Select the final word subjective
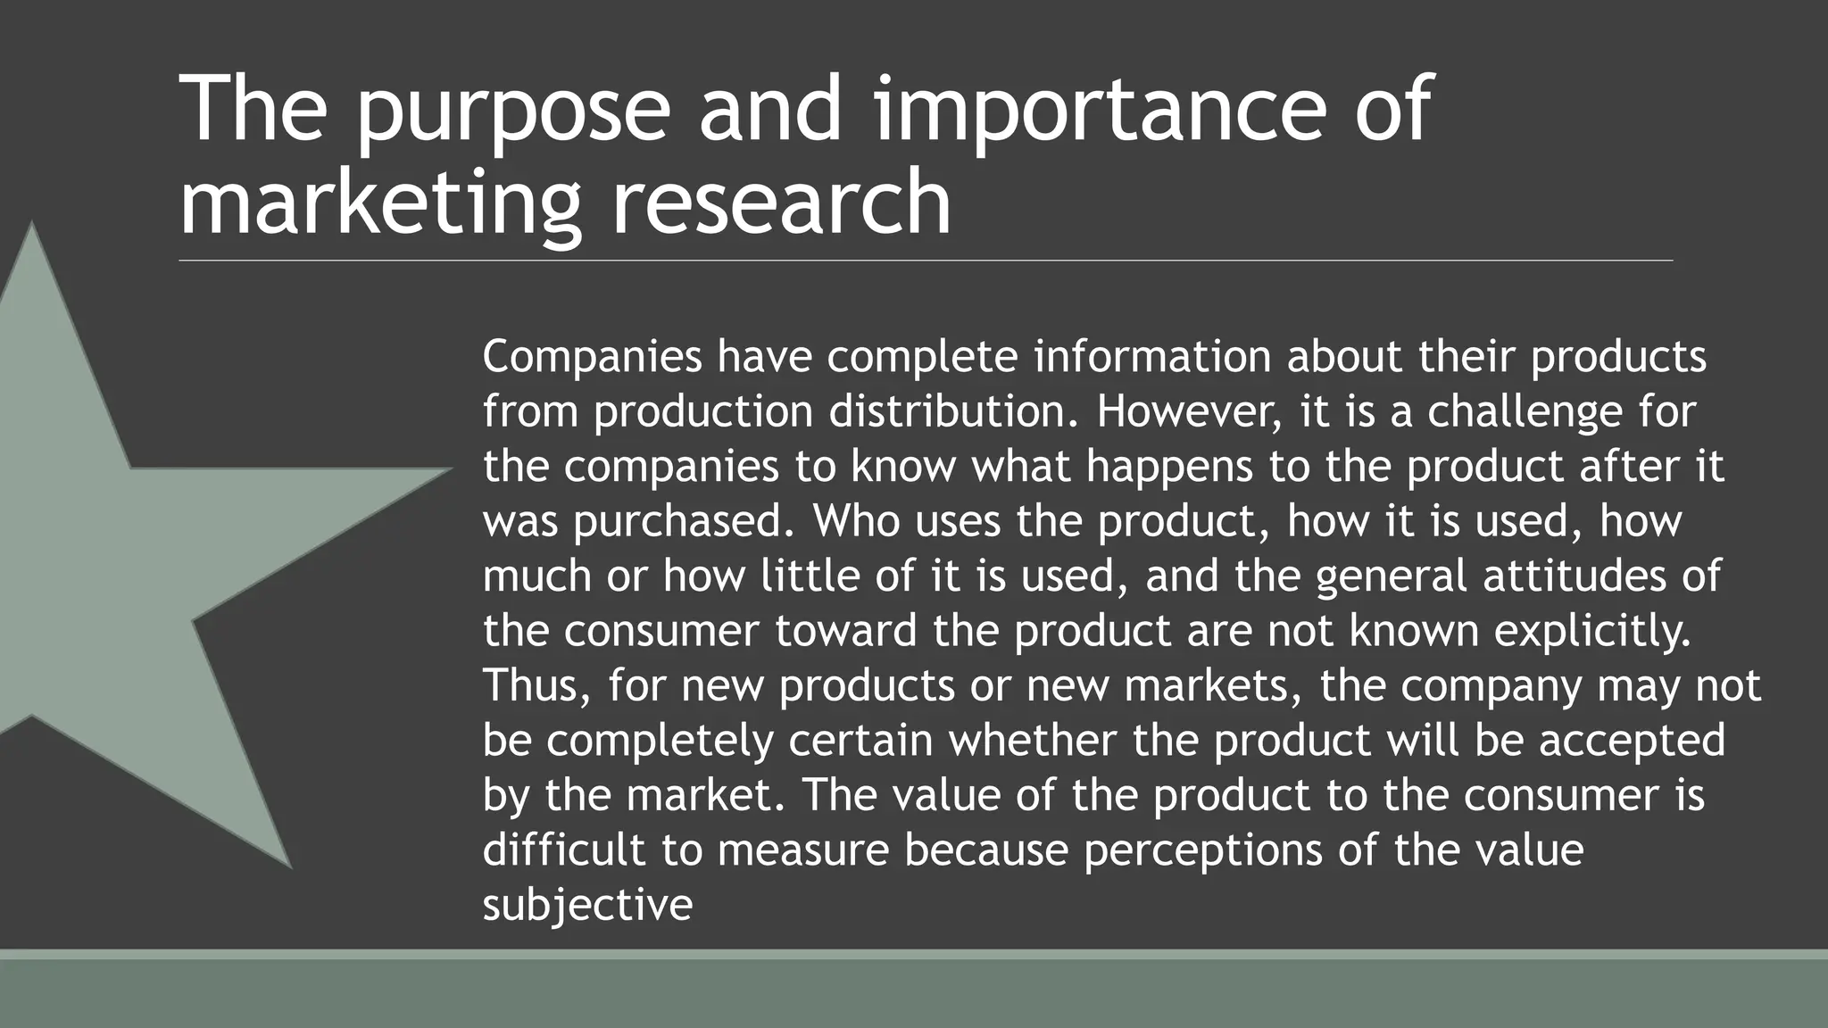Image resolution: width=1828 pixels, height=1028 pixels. pos(587,905)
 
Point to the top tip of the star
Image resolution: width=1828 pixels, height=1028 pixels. pos(33,225)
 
